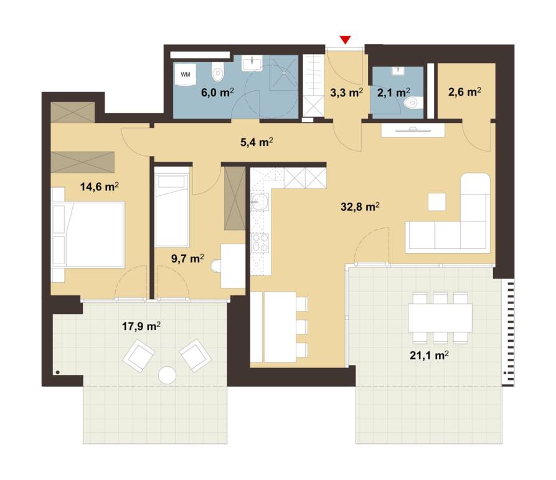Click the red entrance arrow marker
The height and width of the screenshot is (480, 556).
[345, 40]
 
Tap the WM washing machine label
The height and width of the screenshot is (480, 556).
[185, 75]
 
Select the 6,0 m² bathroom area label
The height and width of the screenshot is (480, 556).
[217, 93]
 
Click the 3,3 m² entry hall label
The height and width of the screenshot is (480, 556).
[346, 93]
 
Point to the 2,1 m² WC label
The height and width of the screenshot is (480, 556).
[393, 93]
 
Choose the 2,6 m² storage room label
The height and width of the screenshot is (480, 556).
[464, 92]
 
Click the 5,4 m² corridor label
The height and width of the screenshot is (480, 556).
[257, 142]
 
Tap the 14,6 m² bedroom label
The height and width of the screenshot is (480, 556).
[99, 187]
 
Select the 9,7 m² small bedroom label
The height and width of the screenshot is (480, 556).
[187, 259]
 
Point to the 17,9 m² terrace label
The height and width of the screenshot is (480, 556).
[141, 326]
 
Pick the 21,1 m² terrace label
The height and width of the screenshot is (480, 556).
[429, 355]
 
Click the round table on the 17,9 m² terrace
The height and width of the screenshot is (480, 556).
[167, 375]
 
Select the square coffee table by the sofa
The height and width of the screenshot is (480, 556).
[437, 202]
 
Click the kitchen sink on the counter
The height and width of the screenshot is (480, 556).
[260, 202]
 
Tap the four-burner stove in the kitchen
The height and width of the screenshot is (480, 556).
[260, 243]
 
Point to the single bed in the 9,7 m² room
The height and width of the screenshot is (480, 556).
[172, 210]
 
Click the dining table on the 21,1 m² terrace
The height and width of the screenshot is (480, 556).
[440, 318]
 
